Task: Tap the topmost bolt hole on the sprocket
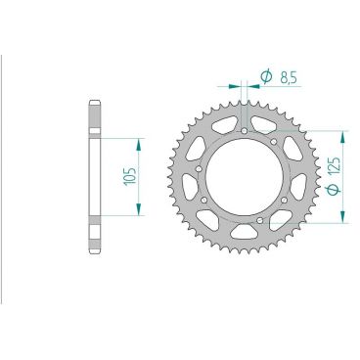tap(243, 129)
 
